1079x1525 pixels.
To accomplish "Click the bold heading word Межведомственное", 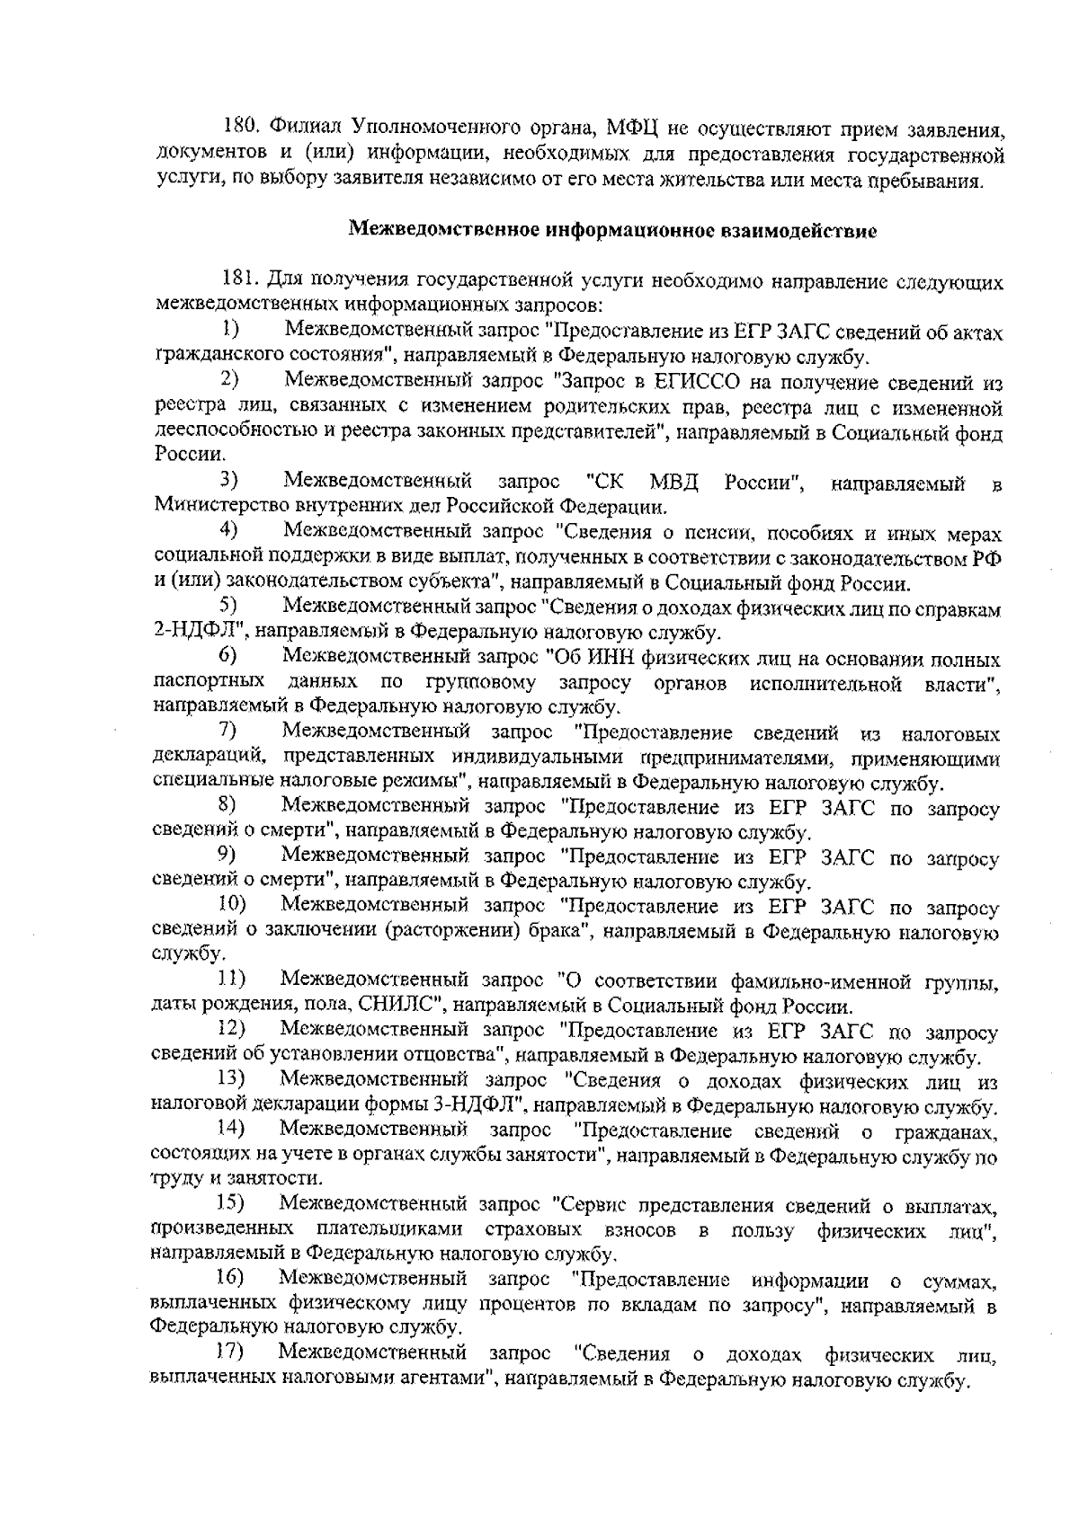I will [443, 230].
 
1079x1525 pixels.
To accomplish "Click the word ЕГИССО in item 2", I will [695, 385].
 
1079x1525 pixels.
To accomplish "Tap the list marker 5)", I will [229, 607].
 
